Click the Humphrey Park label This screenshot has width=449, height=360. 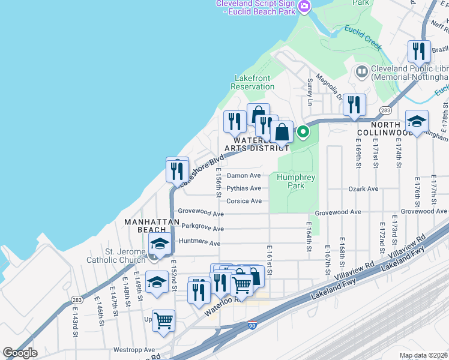(291, 181)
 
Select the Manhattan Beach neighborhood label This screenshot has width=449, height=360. (152, 226)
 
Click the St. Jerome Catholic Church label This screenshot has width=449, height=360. (125, 256)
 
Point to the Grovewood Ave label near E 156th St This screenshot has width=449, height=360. (201, 214)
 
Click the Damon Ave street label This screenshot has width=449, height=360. (244, 176)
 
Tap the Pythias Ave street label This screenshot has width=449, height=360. (244, 188)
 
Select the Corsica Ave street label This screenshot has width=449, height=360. (244, 201)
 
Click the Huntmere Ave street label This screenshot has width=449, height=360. (199, 244)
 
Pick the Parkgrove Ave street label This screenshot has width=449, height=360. (202, 228)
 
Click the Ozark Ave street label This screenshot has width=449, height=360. (363, 189)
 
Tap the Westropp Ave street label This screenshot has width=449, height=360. (134, 350)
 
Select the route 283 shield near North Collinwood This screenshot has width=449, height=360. (385, 110)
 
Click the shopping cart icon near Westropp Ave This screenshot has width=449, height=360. (163, 320)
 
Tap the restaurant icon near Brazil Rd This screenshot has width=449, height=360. (419, 51)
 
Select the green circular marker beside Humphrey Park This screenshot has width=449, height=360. (303, 132)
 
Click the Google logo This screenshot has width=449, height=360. (20, 353)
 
